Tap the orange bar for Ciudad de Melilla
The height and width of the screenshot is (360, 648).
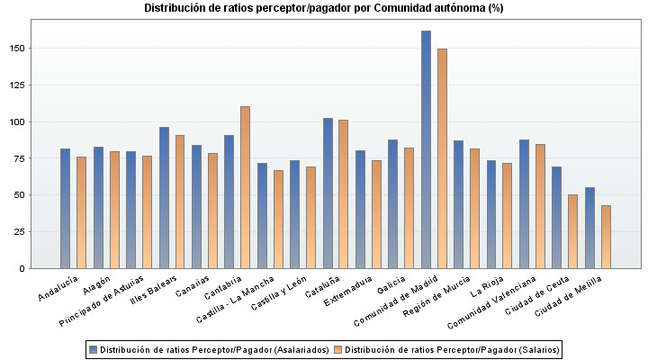[x=606, y=237]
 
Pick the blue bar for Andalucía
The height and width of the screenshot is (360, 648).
[x=65, y=208]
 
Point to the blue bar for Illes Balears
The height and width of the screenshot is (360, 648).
[x=164, y=197]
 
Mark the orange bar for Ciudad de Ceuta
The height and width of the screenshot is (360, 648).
[x=572, y=231]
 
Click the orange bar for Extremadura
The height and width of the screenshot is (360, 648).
[x=376, y=214]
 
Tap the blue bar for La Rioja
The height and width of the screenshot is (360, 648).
[x=491, y=214]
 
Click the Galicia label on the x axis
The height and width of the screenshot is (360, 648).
[x=391, y=285]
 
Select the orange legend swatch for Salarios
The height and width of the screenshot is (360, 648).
[x=337, y=349]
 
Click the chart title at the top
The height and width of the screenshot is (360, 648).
[x=324, y=8]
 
